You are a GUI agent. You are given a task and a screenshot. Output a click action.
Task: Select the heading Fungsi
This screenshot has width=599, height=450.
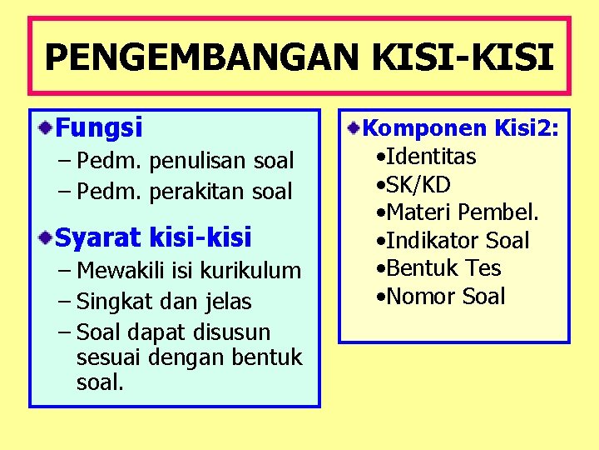99,127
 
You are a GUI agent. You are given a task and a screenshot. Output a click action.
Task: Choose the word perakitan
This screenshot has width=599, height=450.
198,191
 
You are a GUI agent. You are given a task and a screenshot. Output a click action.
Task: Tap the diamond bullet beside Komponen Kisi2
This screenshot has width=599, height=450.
354,127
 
